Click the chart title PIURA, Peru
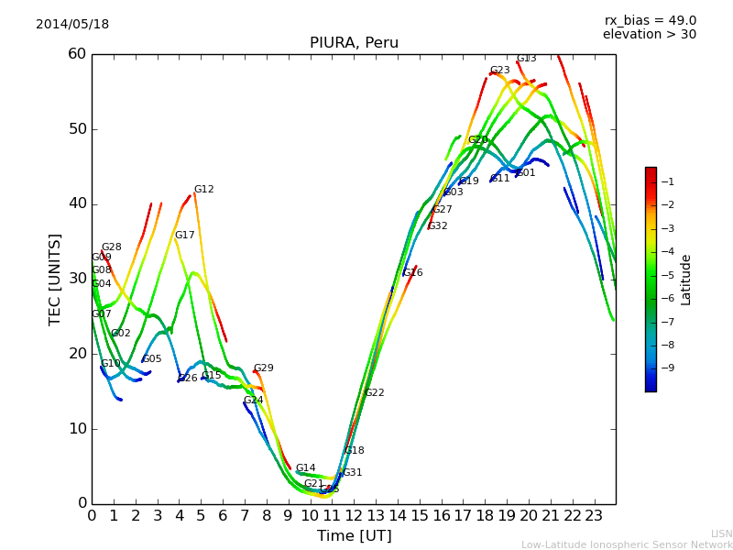pos(354,43)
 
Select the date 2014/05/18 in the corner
pos(72,25)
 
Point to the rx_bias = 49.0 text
pos(650,20)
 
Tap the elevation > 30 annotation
pos(650,35)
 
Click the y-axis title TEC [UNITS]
pos(55,279)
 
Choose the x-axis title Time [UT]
pos(354,536)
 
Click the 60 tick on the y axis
pos(77,54)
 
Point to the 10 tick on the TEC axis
pos(77,429)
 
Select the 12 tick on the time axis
pos(354,516)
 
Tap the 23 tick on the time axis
pos(594,516)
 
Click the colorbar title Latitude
pos(686,280)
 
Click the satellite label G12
pos(203,190)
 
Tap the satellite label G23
pos(499,71)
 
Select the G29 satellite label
pos(263,368)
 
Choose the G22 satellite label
pos(374,393)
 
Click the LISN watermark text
pos(721,533)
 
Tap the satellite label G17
pos(184,236)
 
